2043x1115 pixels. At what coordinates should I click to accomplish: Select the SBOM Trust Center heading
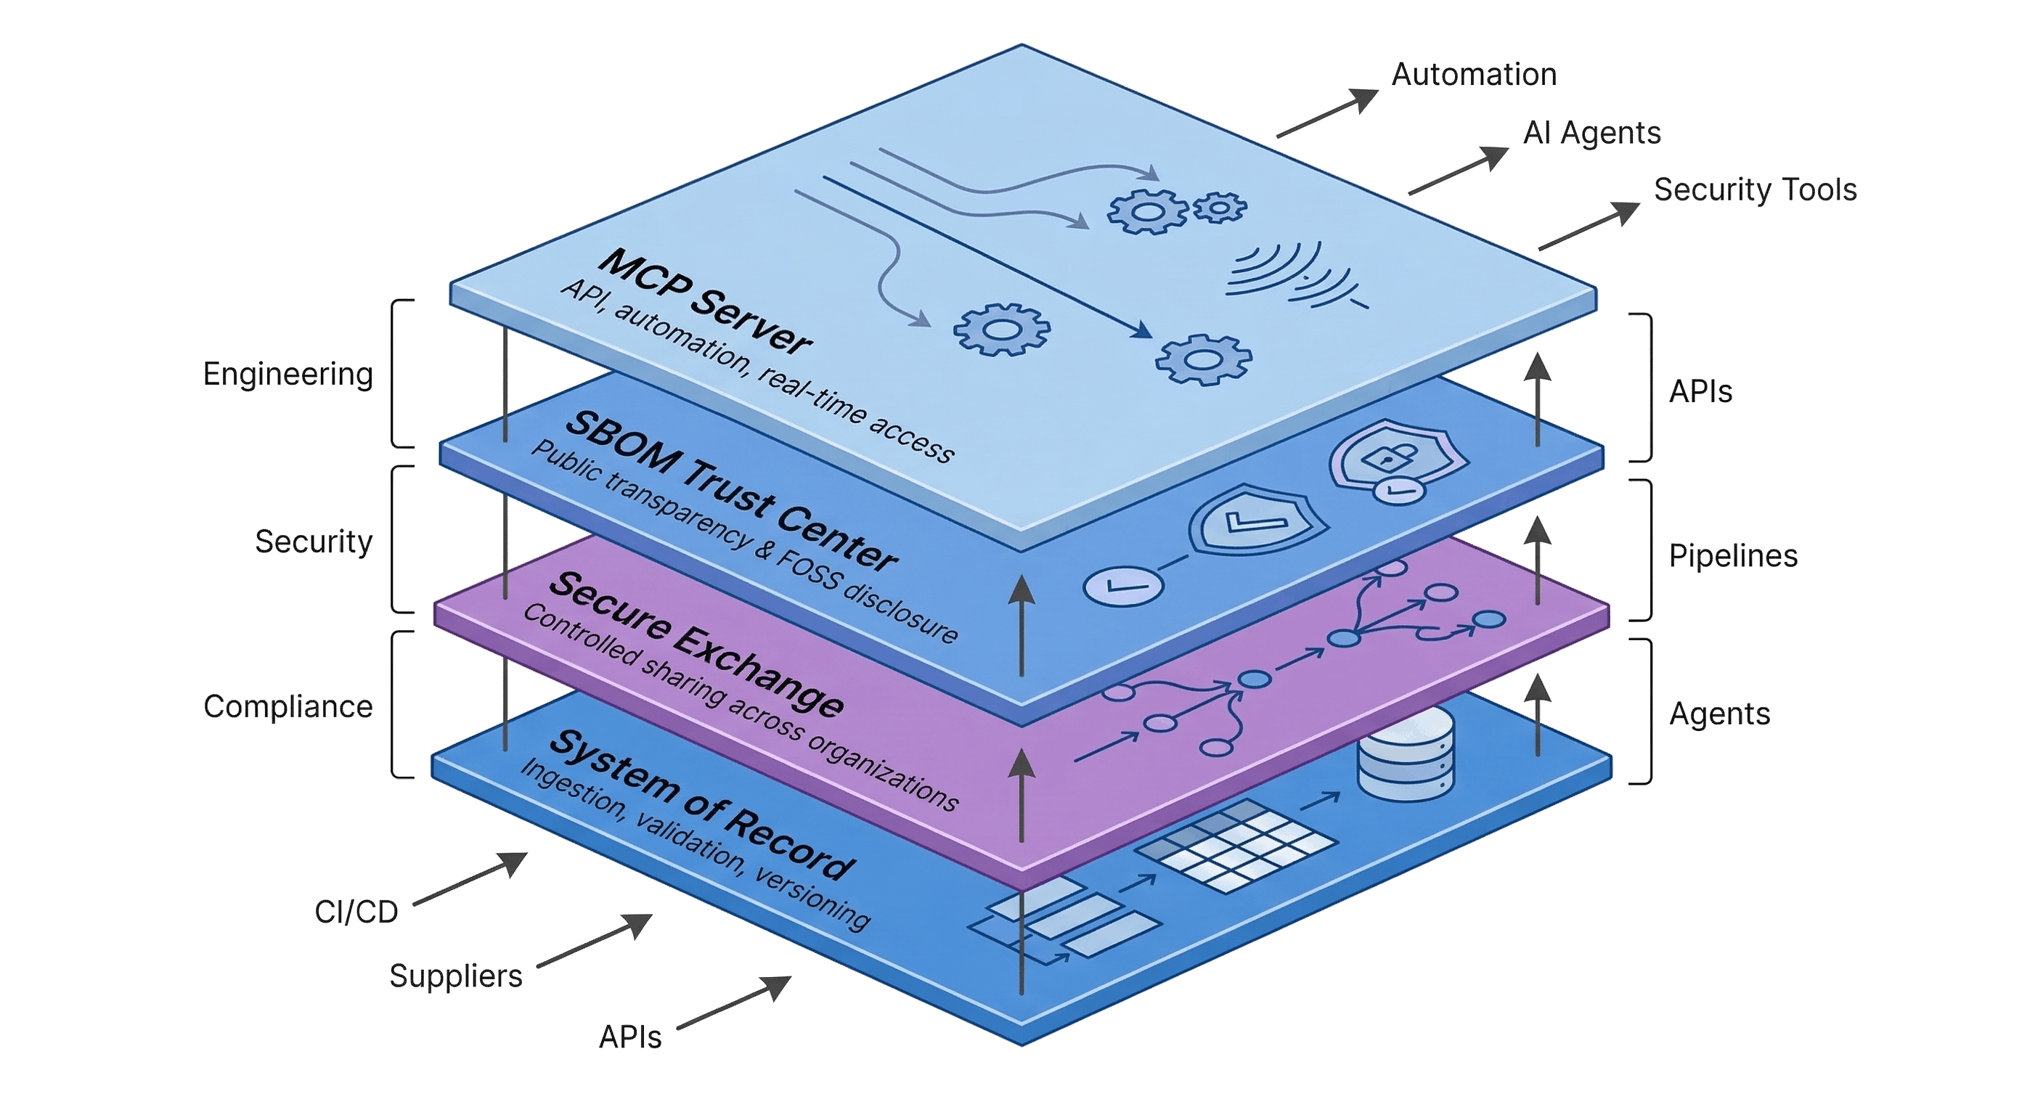pos(730,491)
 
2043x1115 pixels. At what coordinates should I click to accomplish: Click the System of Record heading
pos(701,805)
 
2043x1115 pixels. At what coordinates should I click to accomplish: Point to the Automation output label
pos(1474,75)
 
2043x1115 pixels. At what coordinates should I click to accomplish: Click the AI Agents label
pos(1591,132)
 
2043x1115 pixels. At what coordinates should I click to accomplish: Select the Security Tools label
pos(1754,190)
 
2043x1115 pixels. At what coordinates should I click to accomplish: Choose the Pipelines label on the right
pos(1732,556)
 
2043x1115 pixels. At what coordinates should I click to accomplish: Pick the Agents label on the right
pos(1718,714)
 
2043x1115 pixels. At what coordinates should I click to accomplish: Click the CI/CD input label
pos(356,912)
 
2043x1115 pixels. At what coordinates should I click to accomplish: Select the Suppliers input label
pos(455,976)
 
